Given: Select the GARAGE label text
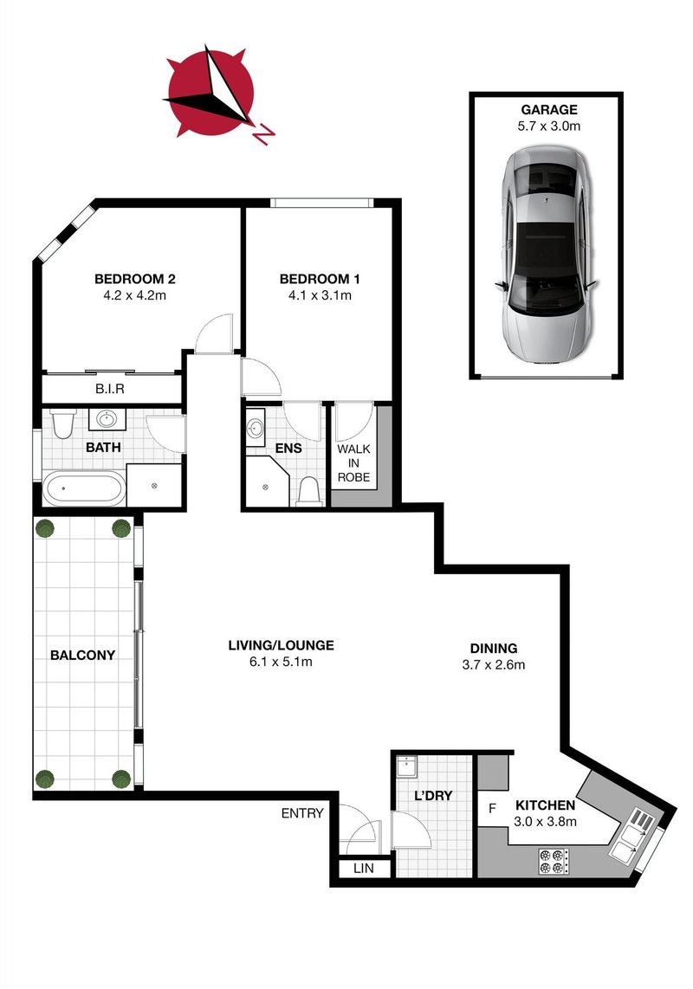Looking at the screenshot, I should coord(548,110).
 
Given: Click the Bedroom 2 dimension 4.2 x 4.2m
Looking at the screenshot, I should coord(135,295).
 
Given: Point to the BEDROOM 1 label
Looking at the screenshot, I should coord(319,279).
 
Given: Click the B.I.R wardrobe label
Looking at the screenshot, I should coord(110,389).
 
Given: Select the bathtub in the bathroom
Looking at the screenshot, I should coord(84,490).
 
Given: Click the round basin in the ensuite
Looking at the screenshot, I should coord(256,430).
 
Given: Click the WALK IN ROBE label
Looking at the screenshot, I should coord(353,463).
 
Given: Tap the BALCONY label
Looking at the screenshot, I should coord(82,656).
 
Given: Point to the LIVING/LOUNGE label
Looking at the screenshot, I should coord(281,645).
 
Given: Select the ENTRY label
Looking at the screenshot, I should coord(302,813).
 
